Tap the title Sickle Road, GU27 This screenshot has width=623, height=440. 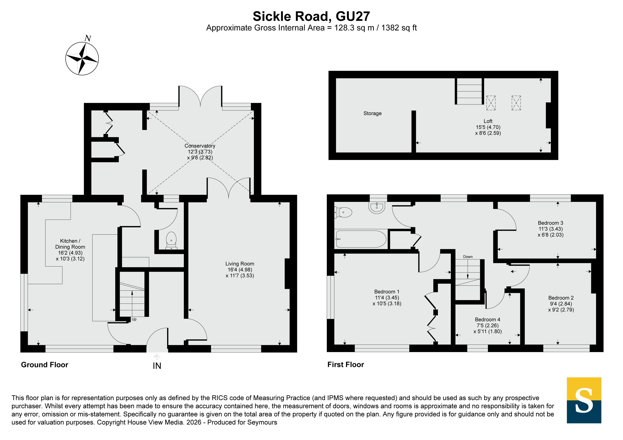click(311, 16)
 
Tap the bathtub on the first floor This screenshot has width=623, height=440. click(361, 239)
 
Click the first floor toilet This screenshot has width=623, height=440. click(343, 212)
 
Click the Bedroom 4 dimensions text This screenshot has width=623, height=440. click(488, 329)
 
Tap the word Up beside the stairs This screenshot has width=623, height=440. click(134, 319)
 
